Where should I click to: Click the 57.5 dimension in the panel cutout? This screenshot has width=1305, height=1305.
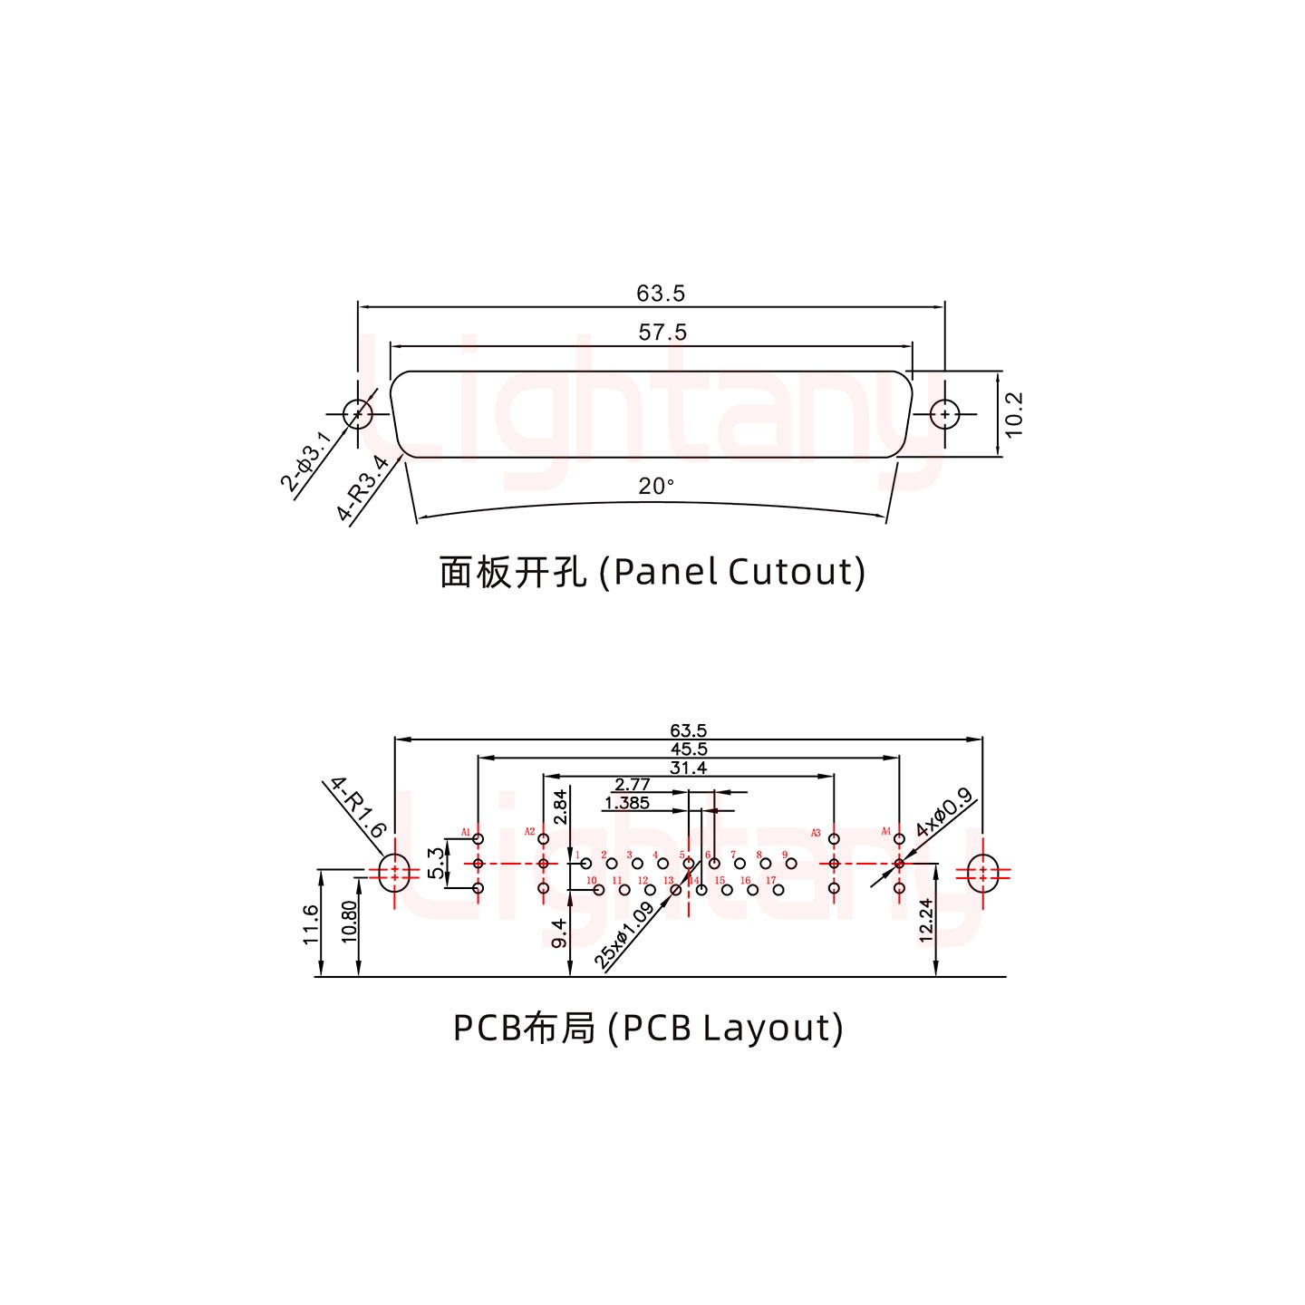pyautogui.click(x=662, y=333)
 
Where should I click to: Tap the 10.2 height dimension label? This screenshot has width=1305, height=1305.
pyautogui.click(x=1014, y=414)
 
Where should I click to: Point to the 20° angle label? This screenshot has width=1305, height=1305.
pyautogui.click(x=656, y=487)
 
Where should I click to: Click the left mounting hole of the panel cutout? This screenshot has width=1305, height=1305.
pyautogui.click(x=358, y=414)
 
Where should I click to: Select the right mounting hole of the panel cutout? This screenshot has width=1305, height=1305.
pyautogui.click(x=945, y=414)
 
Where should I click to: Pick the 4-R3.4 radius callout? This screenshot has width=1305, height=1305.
pyautogui.click(x=362, y=489)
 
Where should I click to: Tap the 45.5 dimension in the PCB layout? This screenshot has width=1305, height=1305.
pyautogui.click(x=689, y=749)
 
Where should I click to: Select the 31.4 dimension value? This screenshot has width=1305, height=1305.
pyautogui.click(x=688, y=768)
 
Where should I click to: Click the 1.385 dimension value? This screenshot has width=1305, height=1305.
pyautogui.click(x=626, y=803)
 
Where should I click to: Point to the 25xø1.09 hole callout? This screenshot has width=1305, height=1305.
pyautogui.click(x=624, y=936)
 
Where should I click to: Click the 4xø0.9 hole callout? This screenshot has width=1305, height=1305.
pyautogui.click(x=943, y=813)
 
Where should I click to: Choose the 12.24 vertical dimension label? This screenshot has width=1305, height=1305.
pyautogui.click(x=926, y=920)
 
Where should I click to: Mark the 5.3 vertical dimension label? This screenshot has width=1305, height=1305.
pyautogui.click(x=437, y=863)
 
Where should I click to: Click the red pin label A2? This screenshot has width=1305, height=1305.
pyautogui.click(x=530, y=831)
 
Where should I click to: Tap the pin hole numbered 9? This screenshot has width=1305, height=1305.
pyautogui.click(x=791, y=864)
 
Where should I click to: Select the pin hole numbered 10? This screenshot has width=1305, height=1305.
pyautogui.click(x=598, y=890)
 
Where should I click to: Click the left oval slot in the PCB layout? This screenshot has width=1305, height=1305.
pyautogui.click(x=394, y=873)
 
